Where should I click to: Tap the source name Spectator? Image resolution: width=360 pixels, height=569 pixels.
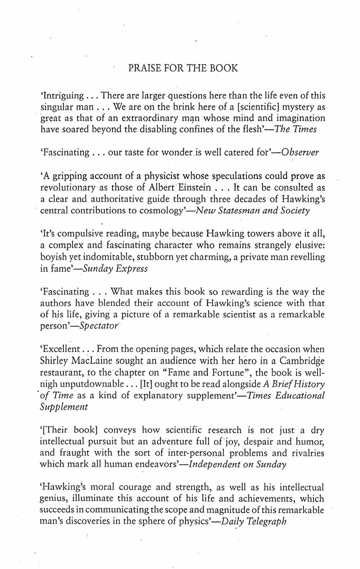click(99, 326)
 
